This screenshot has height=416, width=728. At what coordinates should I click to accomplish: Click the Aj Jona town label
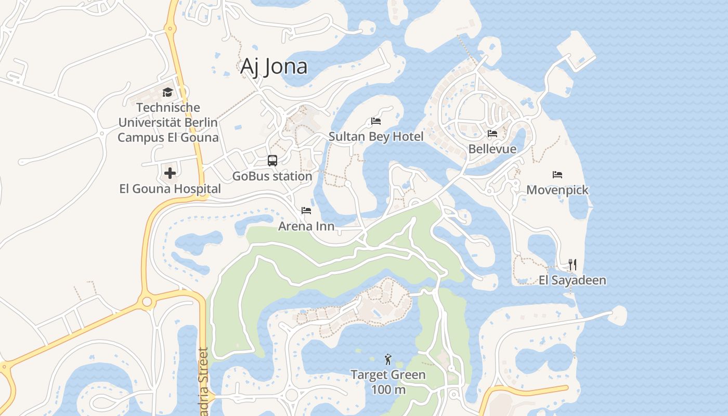coord(274,67)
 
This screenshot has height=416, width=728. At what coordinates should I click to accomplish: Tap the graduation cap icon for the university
coord(167,93)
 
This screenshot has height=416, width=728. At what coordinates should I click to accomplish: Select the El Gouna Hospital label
coord(170,189)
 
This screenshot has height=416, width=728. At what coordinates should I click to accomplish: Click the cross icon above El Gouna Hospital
coord(170,173)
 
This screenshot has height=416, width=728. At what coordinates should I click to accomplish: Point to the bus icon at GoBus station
coord(272,161)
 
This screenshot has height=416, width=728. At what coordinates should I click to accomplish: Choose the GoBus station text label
coord(272,176)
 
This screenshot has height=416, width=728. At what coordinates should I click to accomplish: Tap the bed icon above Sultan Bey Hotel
coord(376,121)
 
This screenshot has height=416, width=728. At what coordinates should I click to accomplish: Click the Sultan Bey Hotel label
coord(376,137)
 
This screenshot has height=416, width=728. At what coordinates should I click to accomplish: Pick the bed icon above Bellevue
coord(492,134)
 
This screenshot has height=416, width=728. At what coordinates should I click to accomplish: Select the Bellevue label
coord(492,149)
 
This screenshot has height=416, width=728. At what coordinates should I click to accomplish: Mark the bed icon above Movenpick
coord(557,175)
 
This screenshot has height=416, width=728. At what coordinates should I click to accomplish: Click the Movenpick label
coord(557,190)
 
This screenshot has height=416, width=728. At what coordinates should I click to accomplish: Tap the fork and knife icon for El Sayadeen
coord(573,265)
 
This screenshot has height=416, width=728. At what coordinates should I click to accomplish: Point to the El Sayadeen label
coord(573,280)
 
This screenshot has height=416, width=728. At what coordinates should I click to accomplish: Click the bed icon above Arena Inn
coord(306,211)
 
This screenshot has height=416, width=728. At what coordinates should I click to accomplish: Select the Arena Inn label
coord(306,226)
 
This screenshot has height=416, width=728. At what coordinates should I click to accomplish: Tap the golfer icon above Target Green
coord(388,359)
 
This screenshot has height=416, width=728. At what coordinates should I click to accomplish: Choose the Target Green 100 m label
coord(388,382)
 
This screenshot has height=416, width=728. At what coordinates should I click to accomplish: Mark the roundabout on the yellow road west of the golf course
coord(147,302)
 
